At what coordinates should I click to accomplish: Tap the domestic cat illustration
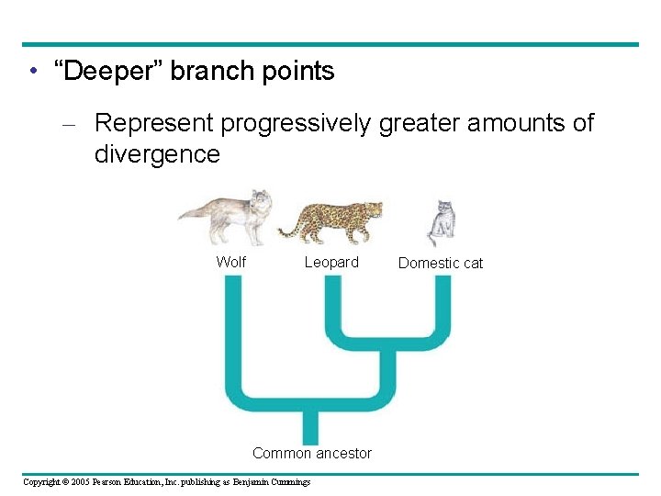pos(443,223)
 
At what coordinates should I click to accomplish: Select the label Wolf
pos(230,262)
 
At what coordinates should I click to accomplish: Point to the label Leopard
pos(331,262)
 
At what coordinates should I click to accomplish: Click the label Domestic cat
pos(441,263)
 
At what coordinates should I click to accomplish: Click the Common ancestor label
pos(312,453)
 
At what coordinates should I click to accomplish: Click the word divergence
pos(157,153)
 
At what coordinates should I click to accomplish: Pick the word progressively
pos(298,123)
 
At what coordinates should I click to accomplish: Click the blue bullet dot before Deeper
pos(32,72)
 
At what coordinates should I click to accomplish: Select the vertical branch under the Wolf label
pos(233,331)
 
